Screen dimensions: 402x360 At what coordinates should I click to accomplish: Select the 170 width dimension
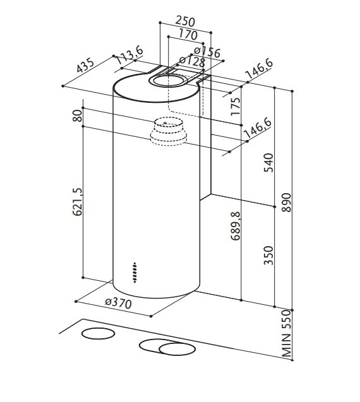click(x=188, y=34)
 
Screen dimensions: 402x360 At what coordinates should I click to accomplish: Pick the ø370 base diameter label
click(x=117, y=303)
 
